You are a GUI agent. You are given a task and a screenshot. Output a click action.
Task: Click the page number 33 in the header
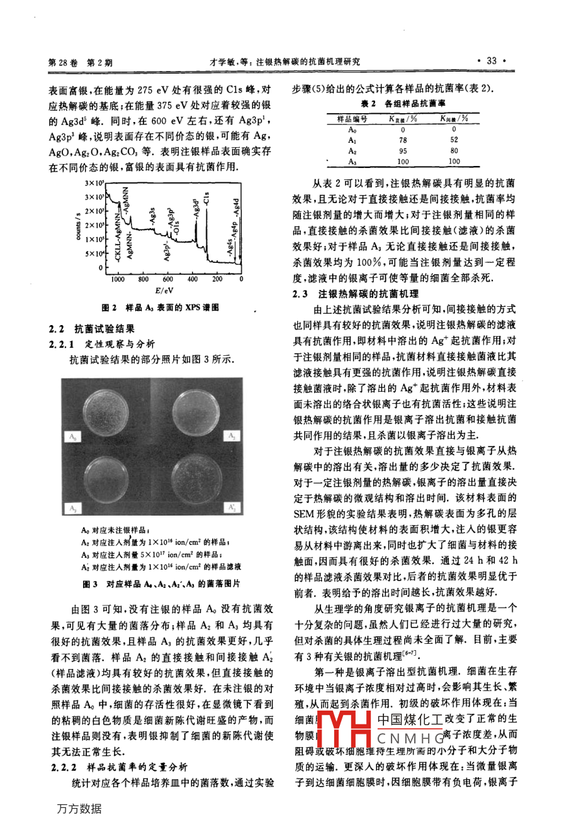coord(492,61)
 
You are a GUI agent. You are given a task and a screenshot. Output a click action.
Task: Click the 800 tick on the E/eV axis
coord(143,279)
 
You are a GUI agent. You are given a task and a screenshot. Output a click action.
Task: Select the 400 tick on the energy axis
coord(193,279)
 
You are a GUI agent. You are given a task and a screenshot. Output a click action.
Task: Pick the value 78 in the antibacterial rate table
coord(403,140)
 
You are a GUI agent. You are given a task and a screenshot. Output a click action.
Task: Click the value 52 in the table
coord(454,140)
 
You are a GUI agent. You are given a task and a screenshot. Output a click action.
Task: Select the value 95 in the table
coord(403,150)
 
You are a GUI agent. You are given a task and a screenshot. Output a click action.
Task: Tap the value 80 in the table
coord(454,150)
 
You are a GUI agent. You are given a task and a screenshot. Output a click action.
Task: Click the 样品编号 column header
coord(352,119)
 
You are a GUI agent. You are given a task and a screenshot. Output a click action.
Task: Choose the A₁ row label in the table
coord(352,140)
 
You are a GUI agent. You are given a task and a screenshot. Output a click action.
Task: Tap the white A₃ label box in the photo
coord(74,508)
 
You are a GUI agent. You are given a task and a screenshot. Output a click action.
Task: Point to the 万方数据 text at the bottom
coord(79,809)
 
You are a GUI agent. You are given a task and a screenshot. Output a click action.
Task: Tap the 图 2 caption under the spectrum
coord(161,308)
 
